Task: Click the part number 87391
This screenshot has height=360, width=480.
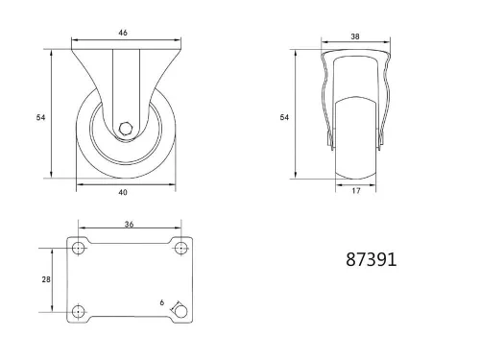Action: (x=370, y=259)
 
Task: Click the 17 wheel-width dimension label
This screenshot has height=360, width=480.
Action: (x=355, y=191)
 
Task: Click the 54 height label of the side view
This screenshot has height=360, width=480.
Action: (x=39, y=117)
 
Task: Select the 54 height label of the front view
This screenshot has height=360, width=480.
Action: (x=284, y=117)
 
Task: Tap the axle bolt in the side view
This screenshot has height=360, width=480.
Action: (x=125, y=132)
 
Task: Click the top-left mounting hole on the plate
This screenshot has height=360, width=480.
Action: (x=79, y=249)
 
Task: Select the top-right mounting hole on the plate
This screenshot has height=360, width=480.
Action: (x=180, y=249)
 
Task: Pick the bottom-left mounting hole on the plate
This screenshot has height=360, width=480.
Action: (x=79, y=311)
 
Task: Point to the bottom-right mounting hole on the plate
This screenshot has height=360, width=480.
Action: (x=180, y=311)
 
